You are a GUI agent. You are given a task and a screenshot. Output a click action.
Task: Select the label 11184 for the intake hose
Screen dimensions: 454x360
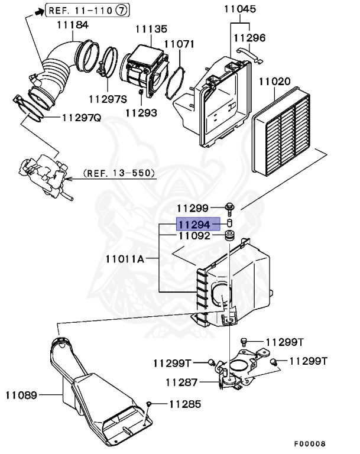click(73, 25)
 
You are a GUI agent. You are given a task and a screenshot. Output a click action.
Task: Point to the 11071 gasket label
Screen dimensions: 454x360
click(179, 44)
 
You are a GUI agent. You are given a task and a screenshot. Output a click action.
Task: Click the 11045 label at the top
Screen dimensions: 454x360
click(240, 9)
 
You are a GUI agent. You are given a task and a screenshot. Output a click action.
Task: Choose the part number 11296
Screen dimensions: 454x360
click(249, 38)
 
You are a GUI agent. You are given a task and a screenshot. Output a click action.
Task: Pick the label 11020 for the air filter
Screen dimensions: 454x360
click(288, 81)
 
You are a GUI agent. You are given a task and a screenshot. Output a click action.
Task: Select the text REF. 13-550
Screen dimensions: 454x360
click(119, 173)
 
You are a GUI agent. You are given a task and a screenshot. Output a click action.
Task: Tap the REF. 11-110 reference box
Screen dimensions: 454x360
click(86, 10)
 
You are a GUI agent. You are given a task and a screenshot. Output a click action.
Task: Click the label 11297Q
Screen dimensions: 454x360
click(81, 118)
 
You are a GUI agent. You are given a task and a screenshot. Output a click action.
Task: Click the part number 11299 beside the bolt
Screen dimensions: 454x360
click(192, 208)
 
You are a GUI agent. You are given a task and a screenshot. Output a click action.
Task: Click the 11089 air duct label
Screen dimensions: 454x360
click(22, 393)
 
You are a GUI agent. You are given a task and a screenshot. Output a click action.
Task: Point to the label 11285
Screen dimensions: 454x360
click(184, 405)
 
